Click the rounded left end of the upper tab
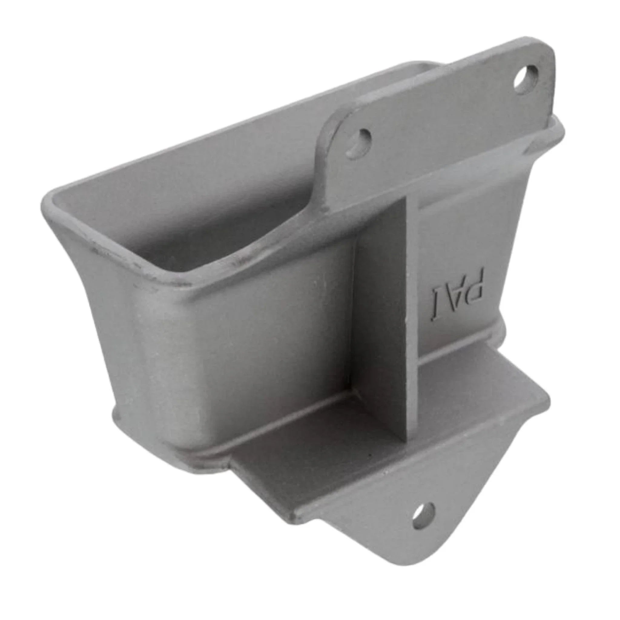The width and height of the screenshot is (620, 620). [324, 151]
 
